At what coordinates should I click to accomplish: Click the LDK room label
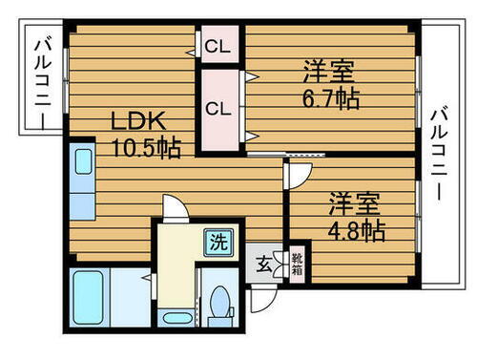coord(139,121)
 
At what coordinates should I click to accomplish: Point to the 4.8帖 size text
coord(355,230)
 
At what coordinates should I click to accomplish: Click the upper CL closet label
coord(218,45)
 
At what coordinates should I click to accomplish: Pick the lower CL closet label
coord(218,108)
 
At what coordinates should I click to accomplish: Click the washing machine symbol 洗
coord(218,243)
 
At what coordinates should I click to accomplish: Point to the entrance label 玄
coord(262,264)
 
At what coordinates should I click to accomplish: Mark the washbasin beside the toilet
coord(176,318)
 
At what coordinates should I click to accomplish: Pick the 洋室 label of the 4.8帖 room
coord(355,203)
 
